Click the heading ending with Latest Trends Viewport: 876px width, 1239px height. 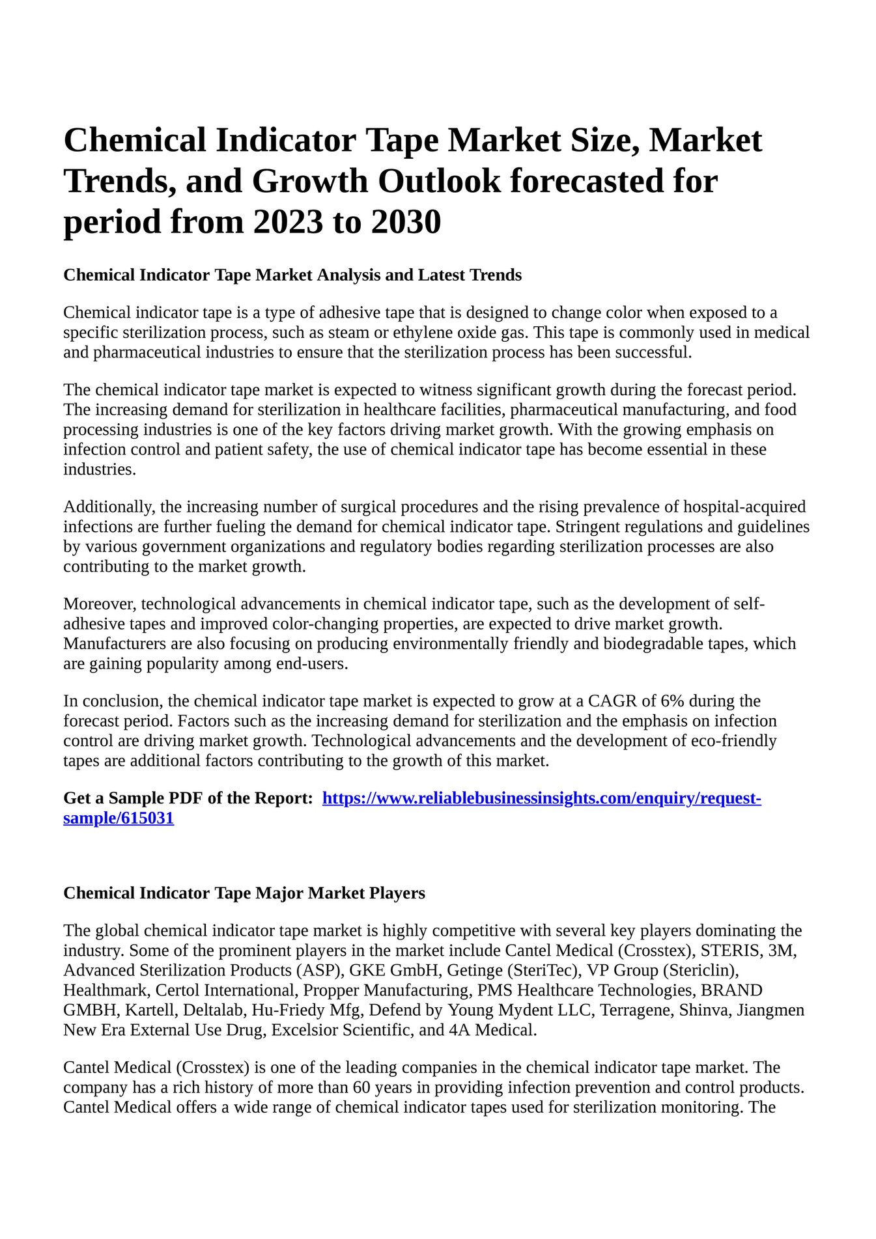(x=292, y=275)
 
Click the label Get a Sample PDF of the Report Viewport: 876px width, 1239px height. (x=188, y=798)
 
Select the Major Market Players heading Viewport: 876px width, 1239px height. (x=244, y=893)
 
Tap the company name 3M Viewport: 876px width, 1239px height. (x=782, y=951)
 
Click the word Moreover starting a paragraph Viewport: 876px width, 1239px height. (x=100, y=604)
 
